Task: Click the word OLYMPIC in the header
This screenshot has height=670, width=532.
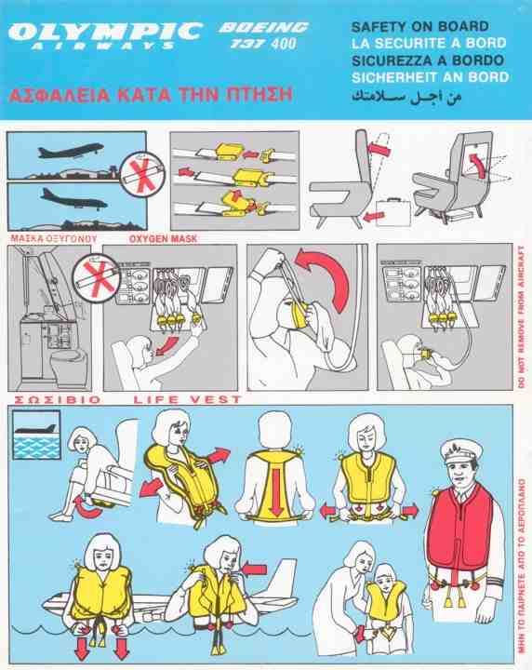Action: coord(105,31)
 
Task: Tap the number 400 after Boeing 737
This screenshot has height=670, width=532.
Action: coord(283,44)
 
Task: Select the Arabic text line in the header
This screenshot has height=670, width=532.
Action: coord(406,97)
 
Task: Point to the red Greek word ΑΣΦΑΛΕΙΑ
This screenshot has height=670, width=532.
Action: coord(59,95)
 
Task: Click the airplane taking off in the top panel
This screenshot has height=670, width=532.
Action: coord(71,151)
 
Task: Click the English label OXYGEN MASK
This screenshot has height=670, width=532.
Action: coord(163,238)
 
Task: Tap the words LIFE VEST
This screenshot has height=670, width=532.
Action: coord(188,400)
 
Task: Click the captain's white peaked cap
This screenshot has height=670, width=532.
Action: coord(462,450)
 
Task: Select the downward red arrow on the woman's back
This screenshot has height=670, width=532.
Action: coord(277,491)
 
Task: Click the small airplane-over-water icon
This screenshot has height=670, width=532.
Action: coord(36,435)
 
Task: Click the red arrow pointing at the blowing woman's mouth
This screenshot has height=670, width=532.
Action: coord(254,569)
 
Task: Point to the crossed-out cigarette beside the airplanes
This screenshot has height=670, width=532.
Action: coord(142,172)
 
